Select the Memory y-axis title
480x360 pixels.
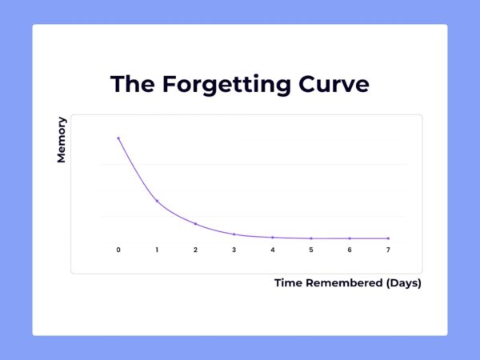coord(62,140)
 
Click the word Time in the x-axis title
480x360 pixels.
coord(290,283)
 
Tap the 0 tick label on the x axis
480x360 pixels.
coord(118,250)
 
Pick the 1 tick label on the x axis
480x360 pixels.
coord(157,250)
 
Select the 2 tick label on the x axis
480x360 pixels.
coord(195,250)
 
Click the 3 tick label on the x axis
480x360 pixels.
coord(234,250)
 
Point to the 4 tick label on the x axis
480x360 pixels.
coord(272,250)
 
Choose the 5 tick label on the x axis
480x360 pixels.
coord(311,250)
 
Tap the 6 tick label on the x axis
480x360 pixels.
coord(350,250)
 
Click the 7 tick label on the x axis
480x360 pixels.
coord(388,250)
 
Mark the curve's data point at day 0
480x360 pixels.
coord(118,138)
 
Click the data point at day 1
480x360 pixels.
coord(157,201)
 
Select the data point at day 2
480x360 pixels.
coord(195,224)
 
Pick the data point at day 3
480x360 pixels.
coord(234,234)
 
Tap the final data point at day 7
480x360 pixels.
coord(388,238)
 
